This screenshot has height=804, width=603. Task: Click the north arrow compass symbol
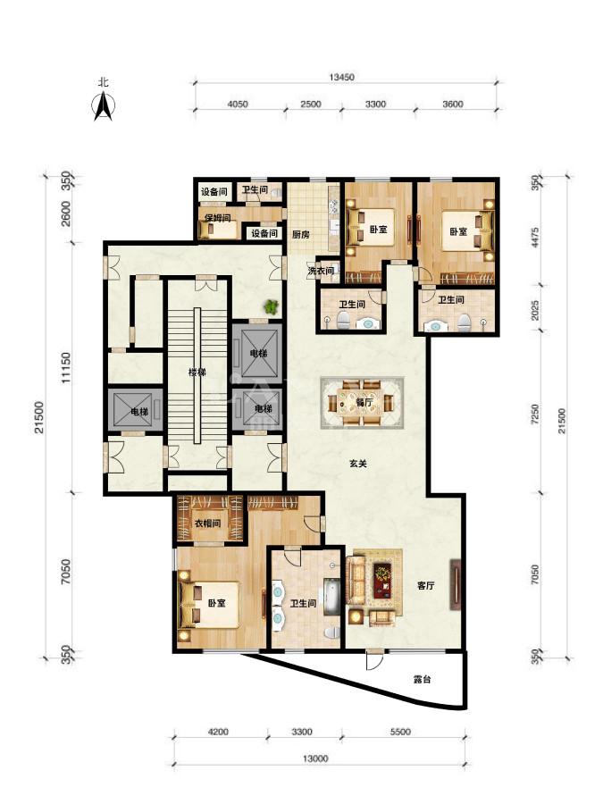click(x=103, y=105)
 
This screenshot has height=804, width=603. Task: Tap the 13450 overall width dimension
click(x=342, y=77)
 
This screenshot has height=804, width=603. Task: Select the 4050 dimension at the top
click(x=238, y=105)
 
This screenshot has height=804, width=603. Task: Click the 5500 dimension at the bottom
click(x=400, y=732)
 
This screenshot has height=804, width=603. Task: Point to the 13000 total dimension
click(x=314, y=758)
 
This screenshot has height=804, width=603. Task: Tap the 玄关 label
click(x=358, y=464)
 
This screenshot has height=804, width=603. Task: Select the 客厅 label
click(x=425, y=585)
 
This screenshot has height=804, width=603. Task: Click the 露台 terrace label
click(x=422, y=680)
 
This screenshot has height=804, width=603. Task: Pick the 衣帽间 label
click(x=207, y=523)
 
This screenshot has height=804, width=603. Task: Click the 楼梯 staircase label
click(x=197, y=373)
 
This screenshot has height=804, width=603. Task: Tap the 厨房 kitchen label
click(x=301, y=235)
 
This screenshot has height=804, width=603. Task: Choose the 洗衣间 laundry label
click(x=321, y=270)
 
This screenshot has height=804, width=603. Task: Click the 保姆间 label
click(x=217, y=217)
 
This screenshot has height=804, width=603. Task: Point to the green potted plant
click(x=272, y=306)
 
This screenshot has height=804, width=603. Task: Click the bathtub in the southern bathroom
click(x=331, y=597)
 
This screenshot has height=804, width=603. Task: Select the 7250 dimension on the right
click(x=535, y=415)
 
